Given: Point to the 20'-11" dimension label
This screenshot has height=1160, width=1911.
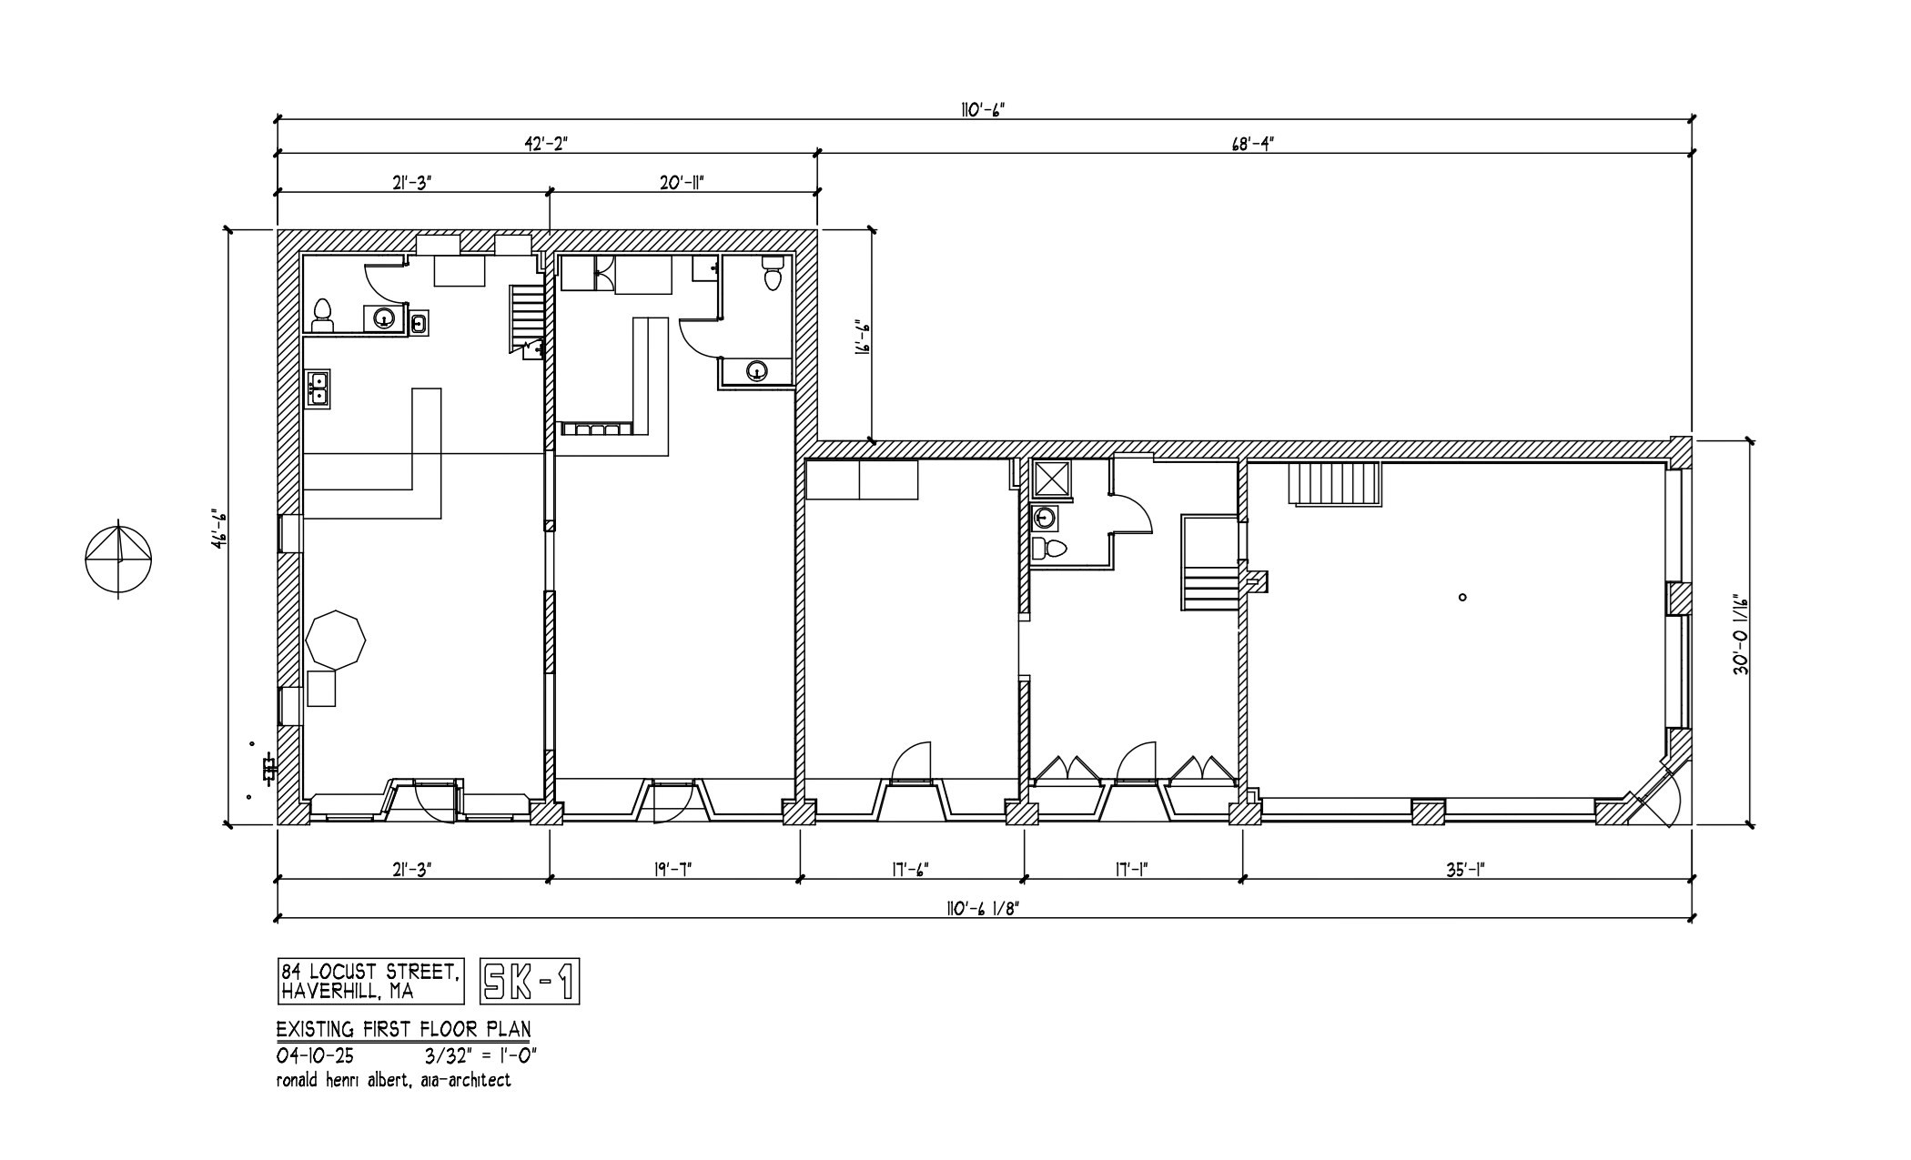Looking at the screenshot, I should tap(682, 182).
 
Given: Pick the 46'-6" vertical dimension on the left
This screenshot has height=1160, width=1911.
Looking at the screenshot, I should tap(217, 529).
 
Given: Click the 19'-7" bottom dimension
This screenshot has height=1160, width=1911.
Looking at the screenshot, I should tap(673, 869).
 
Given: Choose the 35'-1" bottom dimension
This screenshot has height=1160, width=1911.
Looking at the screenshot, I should tap(1464, 869).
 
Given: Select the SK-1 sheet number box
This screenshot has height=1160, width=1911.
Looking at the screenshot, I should tap(529, 982).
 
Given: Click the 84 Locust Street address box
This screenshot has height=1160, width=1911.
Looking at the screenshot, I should tap(369, 981).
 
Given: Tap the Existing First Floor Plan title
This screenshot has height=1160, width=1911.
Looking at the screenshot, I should tap(403, 1029).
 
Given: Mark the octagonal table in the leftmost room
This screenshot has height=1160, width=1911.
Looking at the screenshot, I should tap(336, 639).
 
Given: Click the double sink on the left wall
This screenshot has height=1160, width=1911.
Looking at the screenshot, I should tap(318, 388).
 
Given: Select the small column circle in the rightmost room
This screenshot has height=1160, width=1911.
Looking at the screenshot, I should tap(1462, 598).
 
